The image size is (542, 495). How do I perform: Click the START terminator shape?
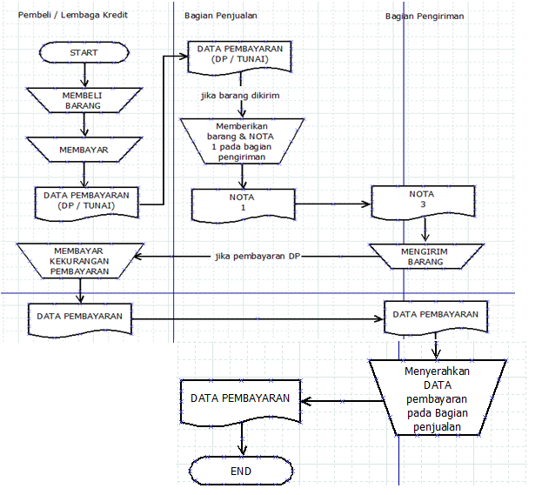(84, 53)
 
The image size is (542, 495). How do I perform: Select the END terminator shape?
(241, 472)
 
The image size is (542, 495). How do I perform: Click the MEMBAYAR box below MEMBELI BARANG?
(84, 150)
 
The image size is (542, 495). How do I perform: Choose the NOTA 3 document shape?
(421, 201)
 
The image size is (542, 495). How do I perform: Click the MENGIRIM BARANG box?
(425, 255)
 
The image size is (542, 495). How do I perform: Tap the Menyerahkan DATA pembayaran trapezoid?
(438, 398)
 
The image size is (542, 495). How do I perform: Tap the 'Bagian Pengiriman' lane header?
(425, 16)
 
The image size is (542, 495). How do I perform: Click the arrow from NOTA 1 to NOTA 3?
(331, 205)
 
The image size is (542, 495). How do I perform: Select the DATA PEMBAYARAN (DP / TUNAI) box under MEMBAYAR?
(86, 201)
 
